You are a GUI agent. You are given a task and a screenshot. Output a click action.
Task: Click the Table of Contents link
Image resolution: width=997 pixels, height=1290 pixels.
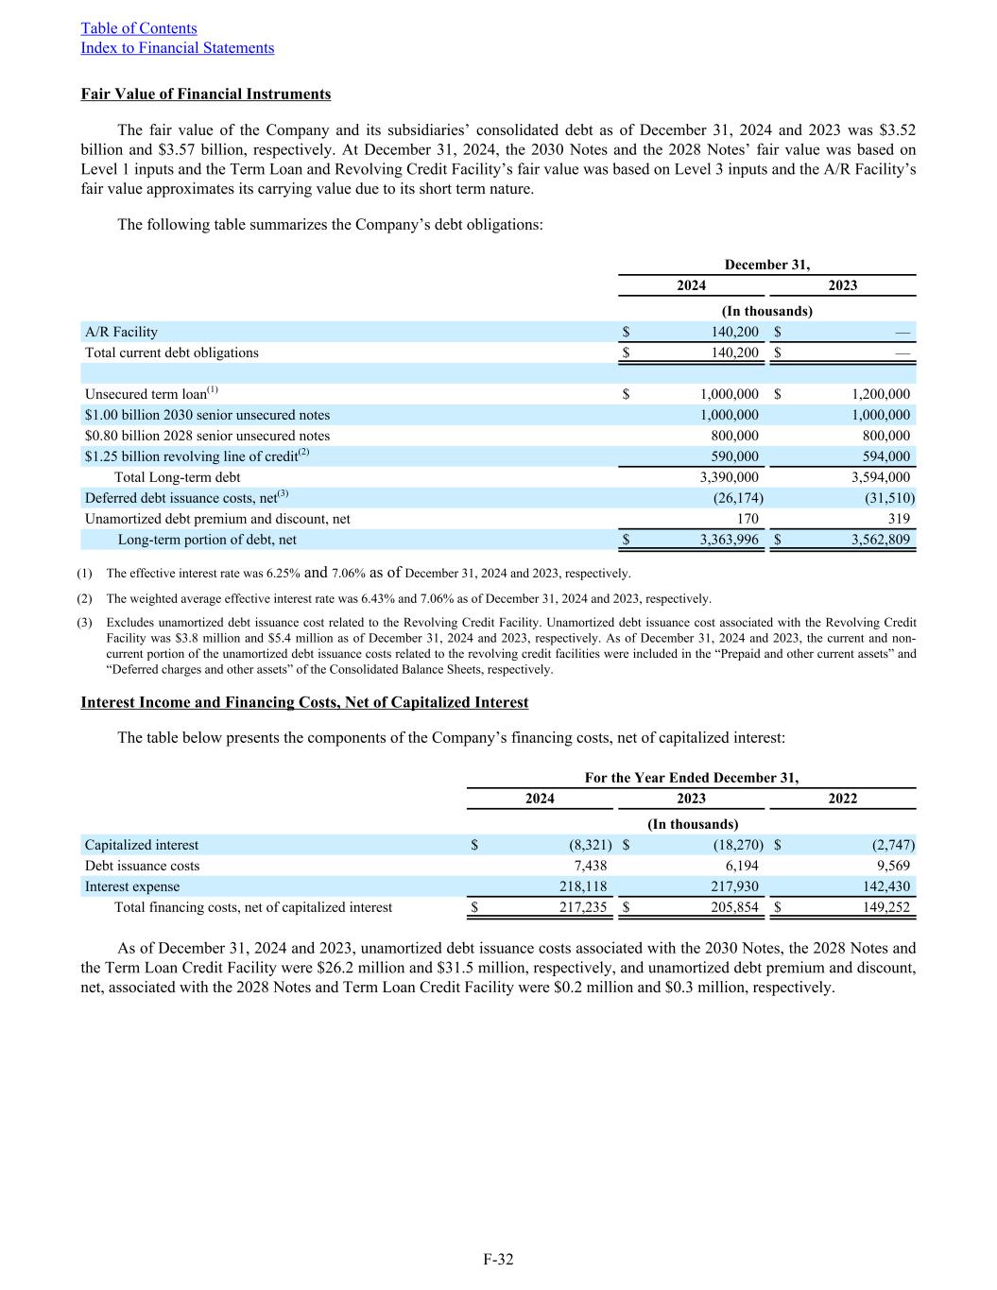click(139, 28)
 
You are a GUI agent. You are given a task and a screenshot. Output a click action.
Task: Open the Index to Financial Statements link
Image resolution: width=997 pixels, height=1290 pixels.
click(177, 48)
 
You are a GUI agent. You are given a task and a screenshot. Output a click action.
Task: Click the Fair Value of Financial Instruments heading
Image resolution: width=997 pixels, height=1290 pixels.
click(206, 95)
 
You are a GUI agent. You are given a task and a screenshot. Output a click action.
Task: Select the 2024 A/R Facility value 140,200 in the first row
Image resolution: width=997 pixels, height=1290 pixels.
click(734, 332)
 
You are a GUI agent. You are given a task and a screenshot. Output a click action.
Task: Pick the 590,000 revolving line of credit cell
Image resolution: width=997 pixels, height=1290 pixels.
click(734, 456)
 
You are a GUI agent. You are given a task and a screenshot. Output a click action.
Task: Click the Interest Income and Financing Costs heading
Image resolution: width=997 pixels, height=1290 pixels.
click(304, 703)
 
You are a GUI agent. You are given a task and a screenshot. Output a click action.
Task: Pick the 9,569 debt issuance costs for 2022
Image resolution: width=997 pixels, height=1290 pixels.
click(893, 866)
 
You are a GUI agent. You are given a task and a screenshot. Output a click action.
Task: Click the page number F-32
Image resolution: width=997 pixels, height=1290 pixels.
click(498, 1259)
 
